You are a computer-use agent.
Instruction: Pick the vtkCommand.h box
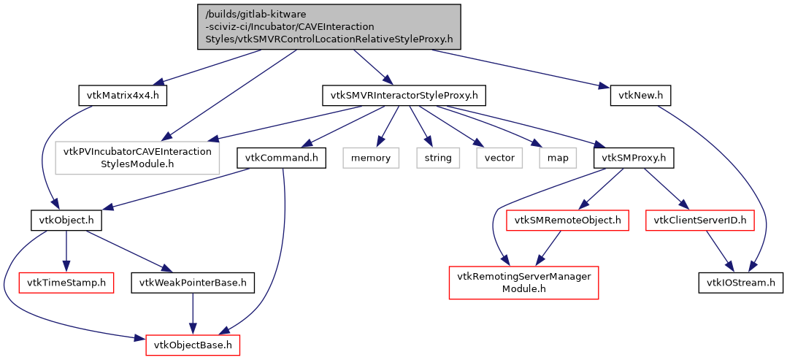click(x=281, y=157)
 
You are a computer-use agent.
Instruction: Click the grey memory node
click(x=371, y=157)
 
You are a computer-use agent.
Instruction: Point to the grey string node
click(x=438, y=157)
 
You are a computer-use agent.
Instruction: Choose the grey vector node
click(x=499, y=157)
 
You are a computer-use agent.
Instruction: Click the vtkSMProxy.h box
click(x=634, y=157)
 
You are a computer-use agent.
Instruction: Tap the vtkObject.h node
click(x=66, y=219)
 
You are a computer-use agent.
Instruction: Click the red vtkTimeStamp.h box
click(x=66, y=282)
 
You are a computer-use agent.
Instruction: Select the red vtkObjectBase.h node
click(x=193, y=344)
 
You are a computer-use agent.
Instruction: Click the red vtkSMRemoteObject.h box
click(x=567, y=219)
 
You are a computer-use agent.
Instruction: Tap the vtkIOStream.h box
click(x=741, y=282)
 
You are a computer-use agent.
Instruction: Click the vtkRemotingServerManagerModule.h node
click(x=523, y=282)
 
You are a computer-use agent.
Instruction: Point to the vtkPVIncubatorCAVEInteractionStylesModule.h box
click(x=138, y=157)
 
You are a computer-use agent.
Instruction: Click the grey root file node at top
click(x=329, y=26)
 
